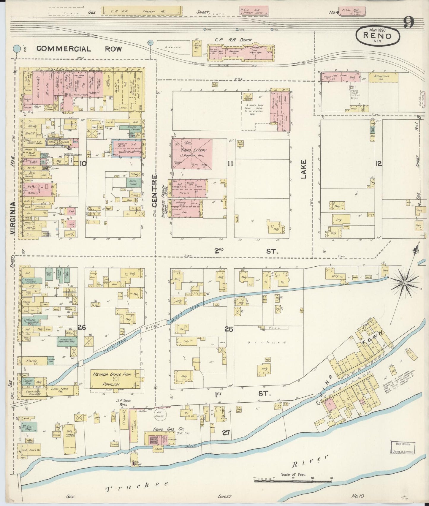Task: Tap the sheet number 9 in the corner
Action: click(409, 23)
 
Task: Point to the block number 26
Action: click(82, 327)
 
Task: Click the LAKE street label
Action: click(303, 170)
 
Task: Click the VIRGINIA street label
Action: click(12, 218)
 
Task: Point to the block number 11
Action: click(230, 163)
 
